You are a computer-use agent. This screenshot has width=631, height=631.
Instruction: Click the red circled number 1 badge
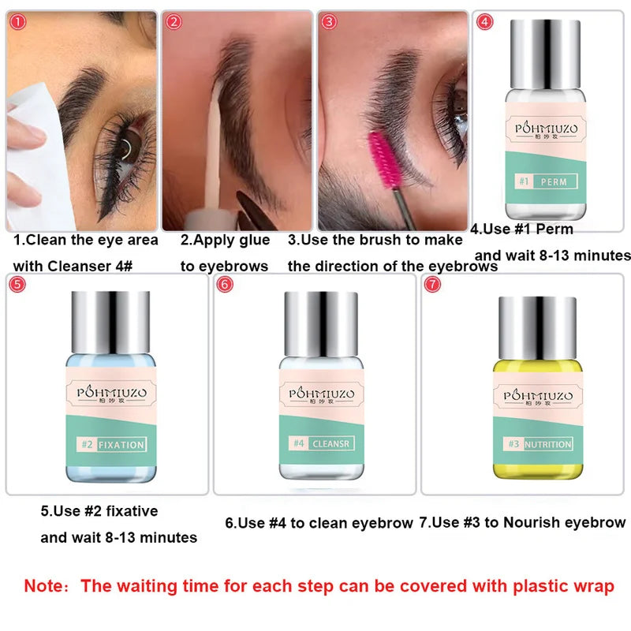17,22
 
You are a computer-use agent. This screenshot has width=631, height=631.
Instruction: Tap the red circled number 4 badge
484,22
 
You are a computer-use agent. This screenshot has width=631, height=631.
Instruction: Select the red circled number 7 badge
432,285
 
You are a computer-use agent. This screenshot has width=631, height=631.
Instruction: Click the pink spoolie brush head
383,160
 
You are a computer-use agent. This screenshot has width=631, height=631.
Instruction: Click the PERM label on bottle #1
554,182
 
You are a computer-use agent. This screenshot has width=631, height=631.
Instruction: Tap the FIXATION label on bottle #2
121,445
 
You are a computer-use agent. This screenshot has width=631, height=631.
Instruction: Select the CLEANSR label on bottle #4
331,443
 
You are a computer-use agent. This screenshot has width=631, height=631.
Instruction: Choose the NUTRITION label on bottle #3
547,444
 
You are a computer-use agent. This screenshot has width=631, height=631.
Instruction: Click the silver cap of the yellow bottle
538,328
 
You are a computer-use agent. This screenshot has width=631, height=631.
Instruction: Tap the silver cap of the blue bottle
110,323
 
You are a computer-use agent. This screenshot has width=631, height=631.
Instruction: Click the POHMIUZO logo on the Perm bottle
546,129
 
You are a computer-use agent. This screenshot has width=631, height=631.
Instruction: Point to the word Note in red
43,586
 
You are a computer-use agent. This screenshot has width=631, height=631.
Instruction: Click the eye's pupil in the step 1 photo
128,147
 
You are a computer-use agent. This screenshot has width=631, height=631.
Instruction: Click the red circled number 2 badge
174,22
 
